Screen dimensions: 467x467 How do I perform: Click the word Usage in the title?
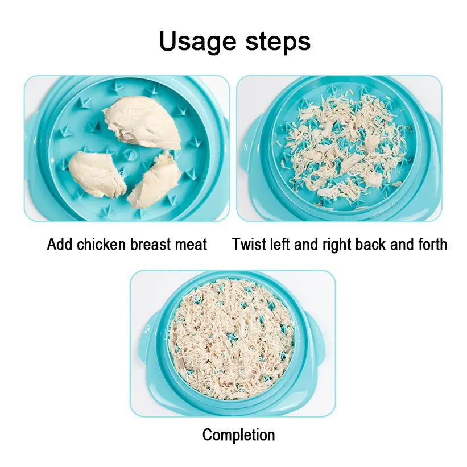(x=198, y=42)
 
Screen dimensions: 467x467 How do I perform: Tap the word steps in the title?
(x=278, y=42)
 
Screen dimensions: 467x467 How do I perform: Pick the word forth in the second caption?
(x=433, y=244)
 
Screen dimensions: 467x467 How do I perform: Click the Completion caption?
(x=238, y=435)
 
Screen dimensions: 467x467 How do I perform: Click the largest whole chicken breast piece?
(x=142, y=122)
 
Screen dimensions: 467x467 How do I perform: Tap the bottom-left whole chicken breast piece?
(x=97, y=174)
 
